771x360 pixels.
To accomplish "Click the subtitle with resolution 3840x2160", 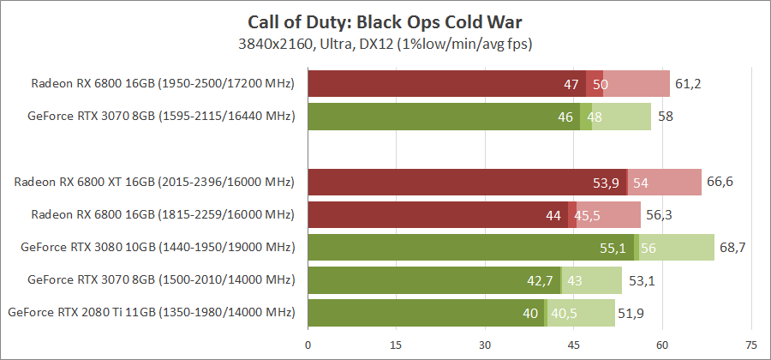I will coord(385,43).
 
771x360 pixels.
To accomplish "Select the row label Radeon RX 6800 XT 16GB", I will coord(154,183).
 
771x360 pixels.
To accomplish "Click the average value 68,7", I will coord(732,248).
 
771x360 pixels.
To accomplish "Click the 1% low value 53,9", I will coord(607,183).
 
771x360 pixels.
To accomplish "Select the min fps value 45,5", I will coord(587,215).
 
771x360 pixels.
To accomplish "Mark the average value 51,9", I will coord(632,313).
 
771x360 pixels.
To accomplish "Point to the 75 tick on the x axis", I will coord(751,345).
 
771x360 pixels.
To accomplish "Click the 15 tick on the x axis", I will coord(396,345).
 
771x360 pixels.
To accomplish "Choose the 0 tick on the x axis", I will coord(308,345).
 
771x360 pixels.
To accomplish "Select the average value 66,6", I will coord(720,183).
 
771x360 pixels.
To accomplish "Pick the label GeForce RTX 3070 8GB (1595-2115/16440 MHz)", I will coord(161,117).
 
